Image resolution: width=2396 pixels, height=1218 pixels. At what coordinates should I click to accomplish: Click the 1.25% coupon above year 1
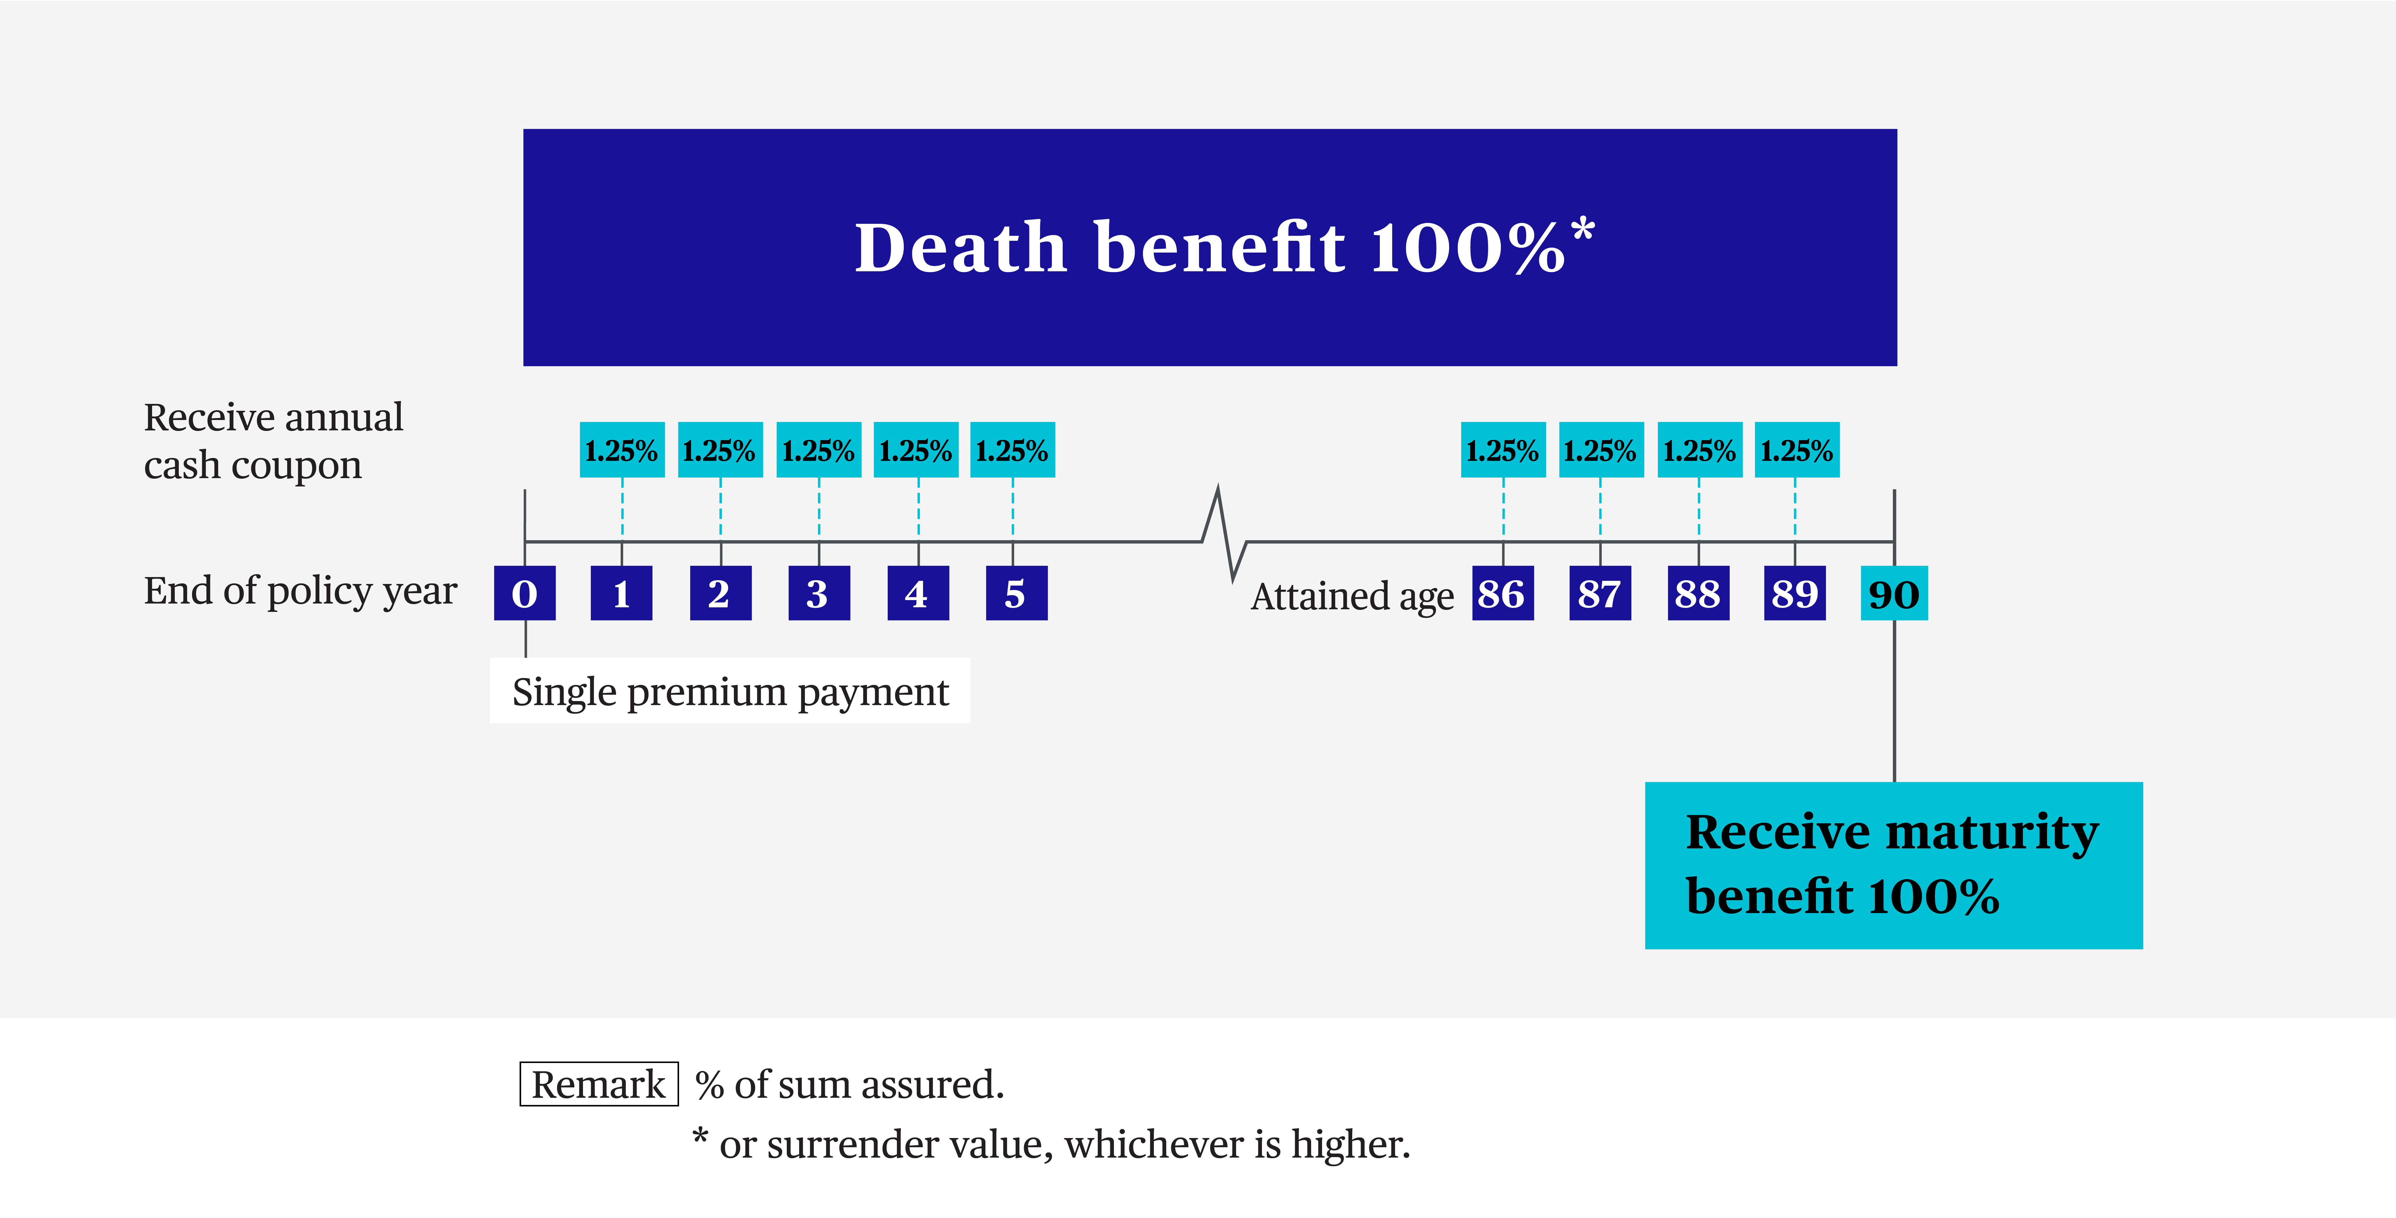[x=621, y=450]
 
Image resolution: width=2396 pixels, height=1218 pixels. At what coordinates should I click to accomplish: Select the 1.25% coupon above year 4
[x=916, y=450]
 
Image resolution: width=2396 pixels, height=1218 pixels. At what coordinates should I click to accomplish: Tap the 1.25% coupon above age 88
[x=1699, y=450]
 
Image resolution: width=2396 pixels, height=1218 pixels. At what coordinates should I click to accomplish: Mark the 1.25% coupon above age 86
[x=1503, y=450]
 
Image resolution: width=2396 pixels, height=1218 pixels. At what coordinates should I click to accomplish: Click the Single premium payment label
[x=730, y=691]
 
